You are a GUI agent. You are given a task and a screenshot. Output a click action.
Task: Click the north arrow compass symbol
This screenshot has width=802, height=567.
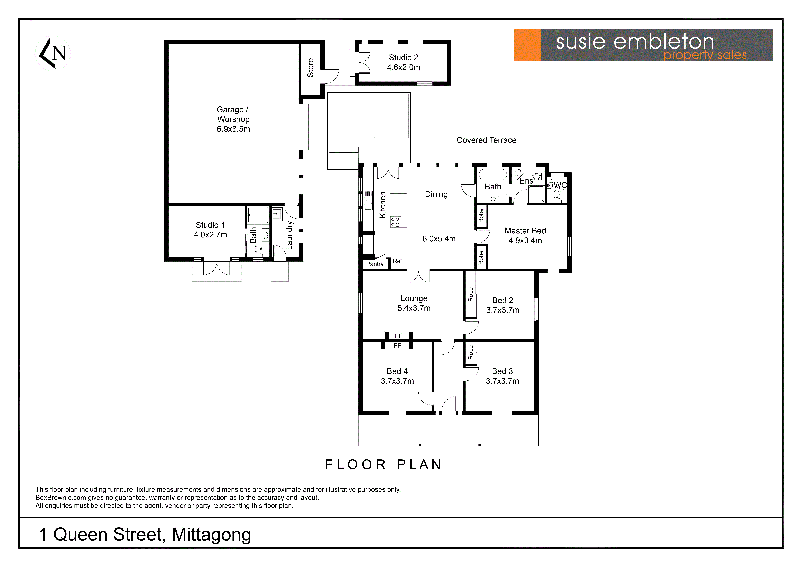click(x=53, y=53)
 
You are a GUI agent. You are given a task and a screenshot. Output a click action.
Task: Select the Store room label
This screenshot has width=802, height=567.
click(x=311, y=67)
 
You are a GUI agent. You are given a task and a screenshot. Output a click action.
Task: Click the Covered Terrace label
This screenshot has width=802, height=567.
click(x=486, y=140)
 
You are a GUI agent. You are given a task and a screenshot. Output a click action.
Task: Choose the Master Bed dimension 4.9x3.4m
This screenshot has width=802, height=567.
click(x=525, y=240)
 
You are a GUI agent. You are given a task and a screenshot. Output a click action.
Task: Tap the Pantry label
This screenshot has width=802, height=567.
click(x=375, y=264)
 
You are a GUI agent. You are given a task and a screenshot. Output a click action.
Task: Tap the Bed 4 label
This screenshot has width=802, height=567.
click(x=397, y=371)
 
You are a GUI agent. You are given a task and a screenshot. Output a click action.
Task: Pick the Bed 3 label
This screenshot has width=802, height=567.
click(x=502, y=371)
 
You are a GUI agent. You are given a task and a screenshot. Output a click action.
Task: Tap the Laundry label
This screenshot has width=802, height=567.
click(x=289, y=235)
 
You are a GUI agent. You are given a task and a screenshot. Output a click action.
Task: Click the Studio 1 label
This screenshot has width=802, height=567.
click(x=210, y=225)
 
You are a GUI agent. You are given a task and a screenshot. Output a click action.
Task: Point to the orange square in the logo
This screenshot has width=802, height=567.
click(x=527, y=45)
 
